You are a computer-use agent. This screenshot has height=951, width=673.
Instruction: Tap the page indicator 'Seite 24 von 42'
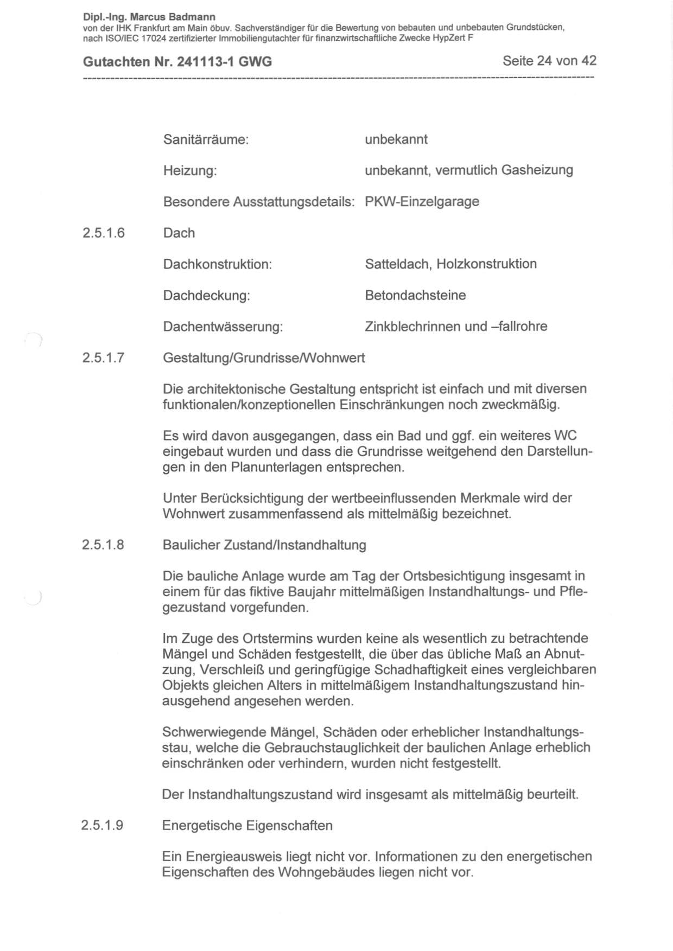tap(549, 61)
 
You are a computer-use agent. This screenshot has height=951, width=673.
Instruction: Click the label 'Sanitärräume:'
tap(206, 140)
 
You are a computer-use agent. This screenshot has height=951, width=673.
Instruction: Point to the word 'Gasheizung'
tap(537, 170)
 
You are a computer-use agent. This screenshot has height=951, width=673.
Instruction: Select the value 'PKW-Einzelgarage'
tap(422, 202)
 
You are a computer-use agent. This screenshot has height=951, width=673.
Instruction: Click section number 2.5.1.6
tap(104, 233)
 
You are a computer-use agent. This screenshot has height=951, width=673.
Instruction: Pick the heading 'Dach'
tap(179, 233)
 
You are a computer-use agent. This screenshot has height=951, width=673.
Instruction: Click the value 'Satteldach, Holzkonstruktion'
tap(450, 264)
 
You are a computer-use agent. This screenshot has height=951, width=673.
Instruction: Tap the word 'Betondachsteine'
tap(415, 296)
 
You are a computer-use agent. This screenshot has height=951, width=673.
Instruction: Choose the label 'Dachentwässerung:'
tap(223, 327)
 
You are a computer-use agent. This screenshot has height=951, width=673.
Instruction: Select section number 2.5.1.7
tap(104, 358)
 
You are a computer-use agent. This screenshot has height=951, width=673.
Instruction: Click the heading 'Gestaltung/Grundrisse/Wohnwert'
tap(264, 358)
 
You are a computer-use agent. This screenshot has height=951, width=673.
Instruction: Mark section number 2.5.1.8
tap(103, 545)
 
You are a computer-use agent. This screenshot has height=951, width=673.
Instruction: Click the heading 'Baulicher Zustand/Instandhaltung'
tap(264, 545)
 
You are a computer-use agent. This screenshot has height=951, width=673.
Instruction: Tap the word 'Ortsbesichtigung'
tap(448, 576)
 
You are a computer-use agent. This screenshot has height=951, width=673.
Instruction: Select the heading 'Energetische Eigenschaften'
tap(247, 826)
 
